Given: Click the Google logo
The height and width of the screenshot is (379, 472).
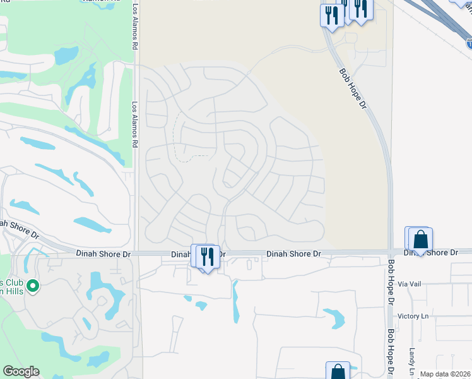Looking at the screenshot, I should coord(21,371).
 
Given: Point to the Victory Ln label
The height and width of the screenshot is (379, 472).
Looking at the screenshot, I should coord(413,316).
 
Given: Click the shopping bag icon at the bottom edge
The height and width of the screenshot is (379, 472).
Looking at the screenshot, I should coord(338,372).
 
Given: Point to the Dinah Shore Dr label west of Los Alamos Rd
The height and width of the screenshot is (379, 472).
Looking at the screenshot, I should coord(103,254).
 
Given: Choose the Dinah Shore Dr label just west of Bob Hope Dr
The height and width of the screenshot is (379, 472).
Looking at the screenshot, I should coord(293,254).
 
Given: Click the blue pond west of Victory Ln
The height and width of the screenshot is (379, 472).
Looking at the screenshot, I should coord(334,318).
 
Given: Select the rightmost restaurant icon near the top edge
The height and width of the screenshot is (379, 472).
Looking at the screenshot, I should coord(360,8).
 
